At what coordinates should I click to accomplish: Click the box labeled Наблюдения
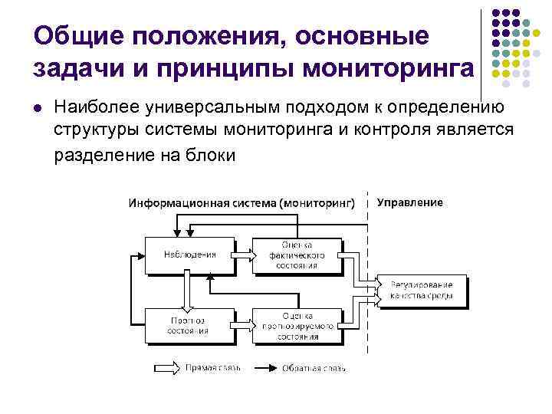[189, 254]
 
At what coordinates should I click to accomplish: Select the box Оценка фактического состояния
[298, 254]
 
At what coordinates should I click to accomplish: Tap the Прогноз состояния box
[189, 324]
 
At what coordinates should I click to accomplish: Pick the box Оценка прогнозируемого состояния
[298, 324]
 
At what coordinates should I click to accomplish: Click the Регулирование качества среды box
[421, 289]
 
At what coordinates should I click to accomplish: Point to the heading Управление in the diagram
[410, 202]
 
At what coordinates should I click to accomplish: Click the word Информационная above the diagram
[168, 203]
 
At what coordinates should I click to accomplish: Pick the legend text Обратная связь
[314, 369]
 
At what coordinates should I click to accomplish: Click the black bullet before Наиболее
[38, 107]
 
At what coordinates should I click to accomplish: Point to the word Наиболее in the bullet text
[97, 107]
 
